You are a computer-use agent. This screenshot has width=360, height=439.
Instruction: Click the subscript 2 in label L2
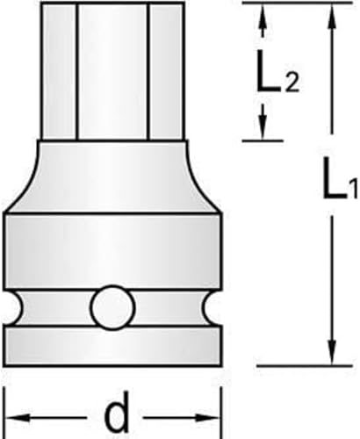(x=292, y=83)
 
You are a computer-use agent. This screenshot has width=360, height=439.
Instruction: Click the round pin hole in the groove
(x=112, y=309)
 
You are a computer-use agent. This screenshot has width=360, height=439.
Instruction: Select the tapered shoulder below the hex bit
(x=112, y=176)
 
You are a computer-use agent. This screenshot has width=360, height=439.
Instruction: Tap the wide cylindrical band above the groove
(x=112, y=250)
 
